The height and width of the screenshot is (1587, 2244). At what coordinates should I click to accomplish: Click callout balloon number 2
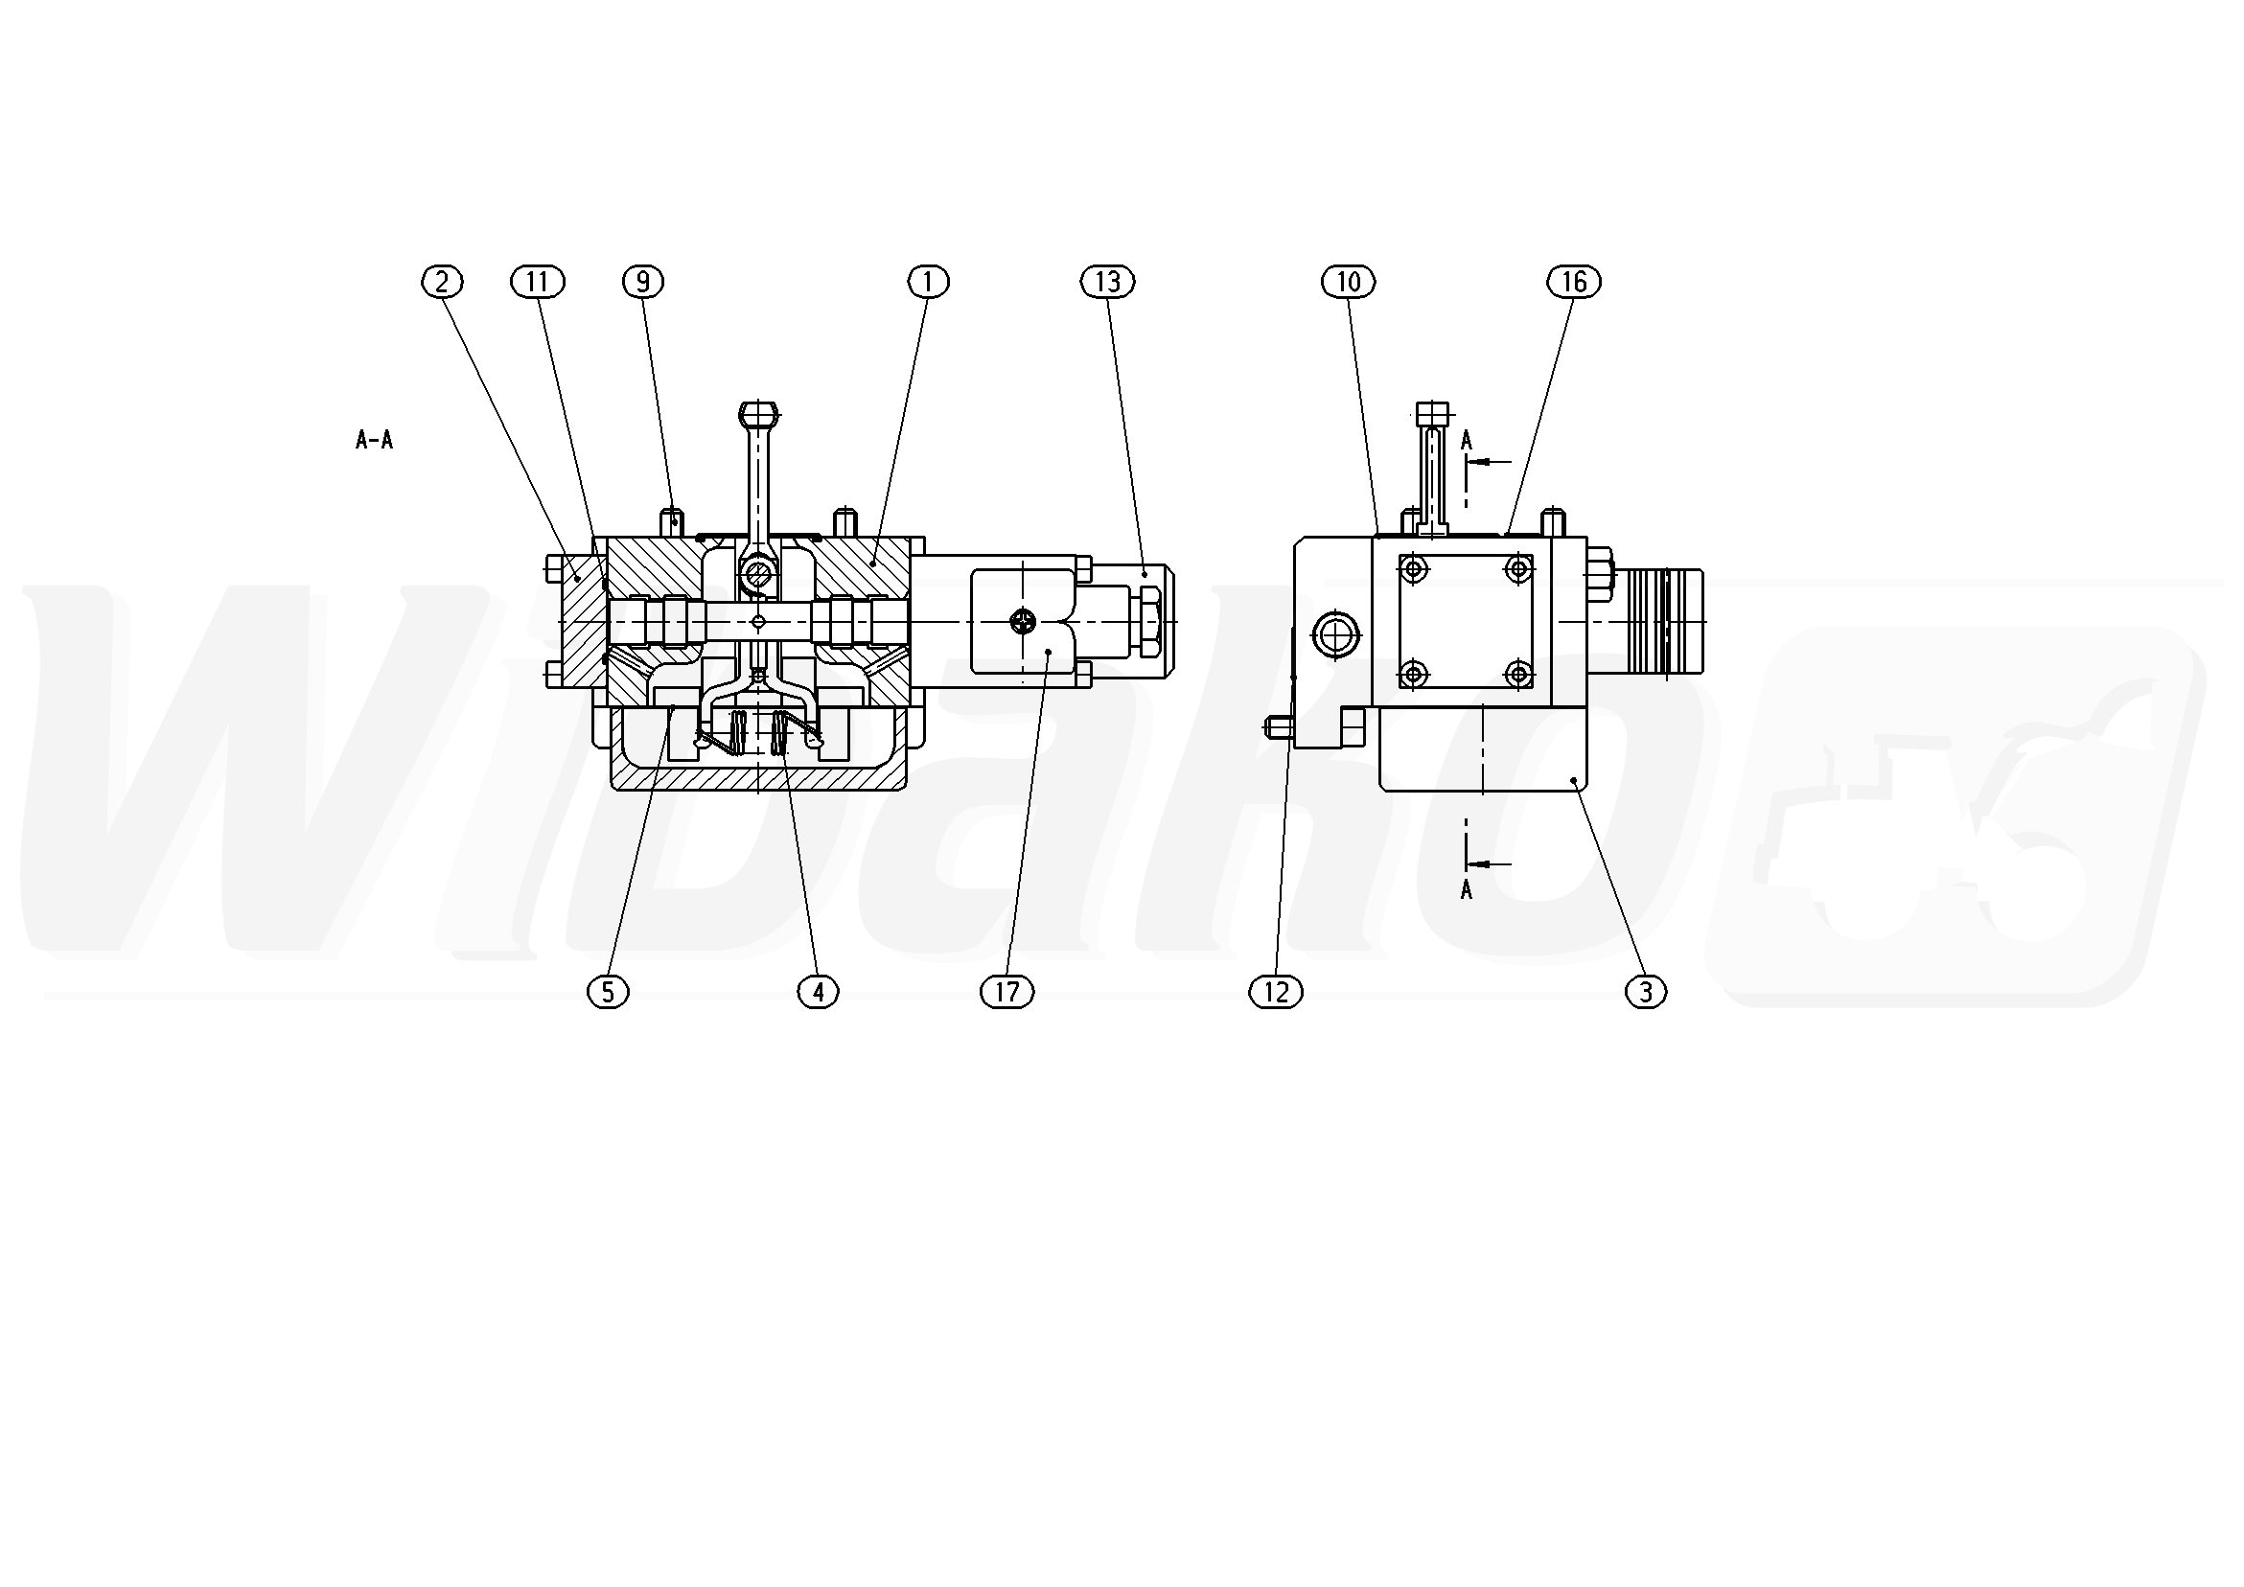(x=442, y=283)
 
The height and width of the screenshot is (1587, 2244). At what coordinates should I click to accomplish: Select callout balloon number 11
(x=538, y=283)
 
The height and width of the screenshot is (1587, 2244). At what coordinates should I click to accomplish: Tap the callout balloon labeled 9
(x=643, y=283)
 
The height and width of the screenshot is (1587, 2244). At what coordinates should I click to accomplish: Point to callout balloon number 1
(x=929, y=283)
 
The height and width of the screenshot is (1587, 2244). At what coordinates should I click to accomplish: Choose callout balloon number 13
(x=1107, y=283)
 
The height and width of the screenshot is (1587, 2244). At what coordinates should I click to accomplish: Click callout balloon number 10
(x=1349, y=283)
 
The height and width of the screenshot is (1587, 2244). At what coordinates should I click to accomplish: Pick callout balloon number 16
(x=1574, y=283)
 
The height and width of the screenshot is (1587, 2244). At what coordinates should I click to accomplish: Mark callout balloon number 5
(x=608, y=993)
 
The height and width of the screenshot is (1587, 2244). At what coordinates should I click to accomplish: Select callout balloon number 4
(x=818, y=993)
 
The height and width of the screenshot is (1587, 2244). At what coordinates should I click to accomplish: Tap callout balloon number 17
(x=1006, y=993)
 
